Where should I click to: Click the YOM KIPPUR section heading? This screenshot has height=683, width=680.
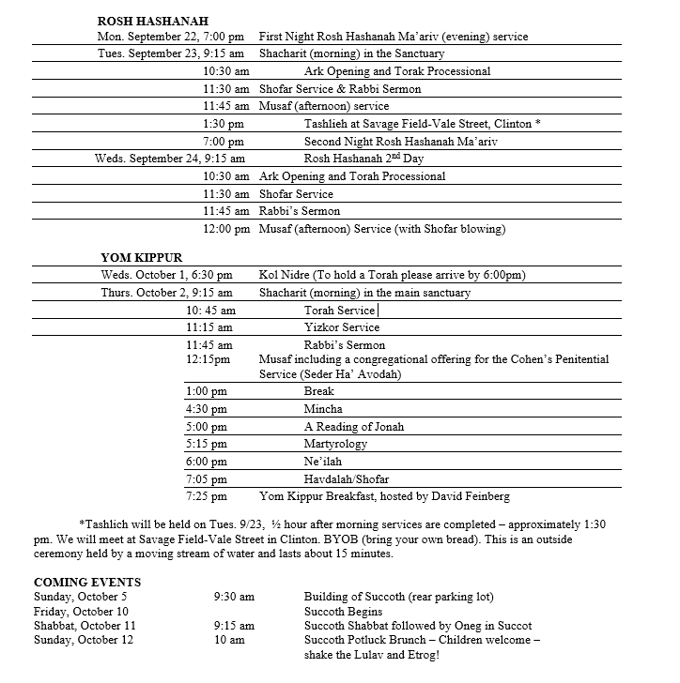pyautogui.click(x=141, y=256)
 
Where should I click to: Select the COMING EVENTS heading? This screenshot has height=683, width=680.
pyautogui.click(x=87, y=583)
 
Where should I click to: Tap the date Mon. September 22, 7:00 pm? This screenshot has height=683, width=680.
pyautogui.click(x=172, y=38)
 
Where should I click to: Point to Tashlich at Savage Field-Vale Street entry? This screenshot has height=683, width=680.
pyautogui.click(x=422, y=124)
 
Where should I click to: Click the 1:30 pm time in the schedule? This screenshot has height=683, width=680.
pyautogui.click(x=224, y=124)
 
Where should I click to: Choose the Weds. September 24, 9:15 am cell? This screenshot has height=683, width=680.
pyautogui.click(x=170, y=159)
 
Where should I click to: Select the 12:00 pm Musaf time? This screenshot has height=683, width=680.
pyautogui.click(x=227, y=228)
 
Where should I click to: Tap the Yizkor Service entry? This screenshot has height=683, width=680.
pyautogui.click(x=342, y=327)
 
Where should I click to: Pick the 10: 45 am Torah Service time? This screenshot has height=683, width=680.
pyautogui.click(x=211, y=310)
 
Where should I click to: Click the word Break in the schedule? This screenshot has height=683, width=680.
pyautogui.click(x=319, y=391)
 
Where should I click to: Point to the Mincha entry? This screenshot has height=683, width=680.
pyautogui.click(x=323, y=409)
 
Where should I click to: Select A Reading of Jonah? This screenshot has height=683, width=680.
pyautogui.click(x=354, y=426)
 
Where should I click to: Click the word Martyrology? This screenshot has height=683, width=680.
pyautogui.click(x=335, y=444)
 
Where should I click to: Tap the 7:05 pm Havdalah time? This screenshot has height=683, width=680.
pyautogui.click(x=207, y=478)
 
